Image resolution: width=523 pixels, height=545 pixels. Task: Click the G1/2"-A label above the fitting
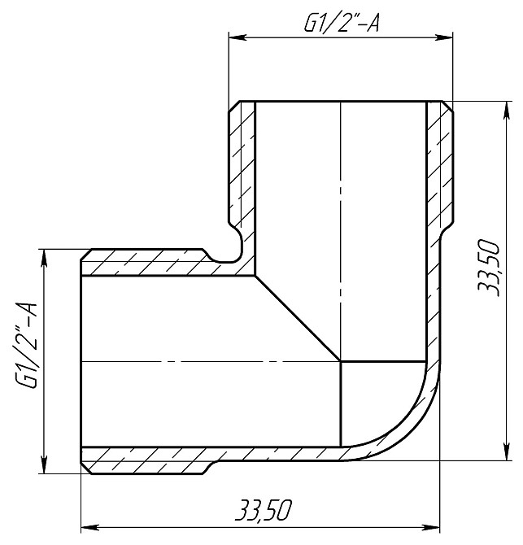(341, 24)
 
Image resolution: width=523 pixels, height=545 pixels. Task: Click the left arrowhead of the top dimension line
(235, 37)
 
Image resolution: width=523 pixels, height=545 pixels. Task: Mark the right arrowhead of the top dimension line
(449, 37)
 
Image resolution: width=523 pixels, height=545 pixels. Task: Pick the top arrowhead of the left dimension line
(42, 257)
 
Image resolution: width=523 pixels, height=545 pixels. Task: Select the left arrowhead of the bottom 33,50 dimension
(88, 525)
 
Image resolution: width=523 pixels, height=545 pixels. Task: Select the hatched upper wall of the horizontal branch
(146, 264)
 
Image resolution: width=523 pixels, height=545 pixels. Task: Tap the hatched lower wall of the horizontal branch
(146, 460)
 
